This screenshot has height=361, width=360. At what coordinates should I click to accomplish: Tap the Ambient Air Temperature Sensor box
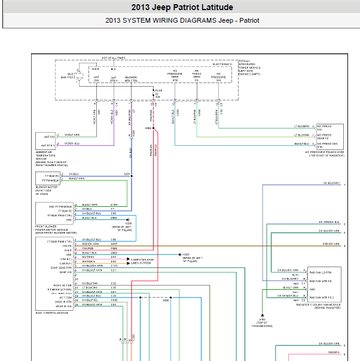45,140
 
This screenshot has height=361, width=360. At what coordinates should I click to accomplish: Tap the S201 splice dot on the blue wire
132,175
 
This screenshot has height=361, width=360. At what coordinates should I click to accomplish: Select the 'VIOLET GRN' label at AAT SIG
76,135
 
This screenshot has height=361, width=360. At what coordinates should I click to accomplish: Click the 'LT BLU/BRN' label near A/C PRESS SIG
301,126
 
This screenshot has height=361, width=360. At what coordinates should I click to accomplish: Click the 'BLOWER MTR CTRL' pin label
132,78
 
